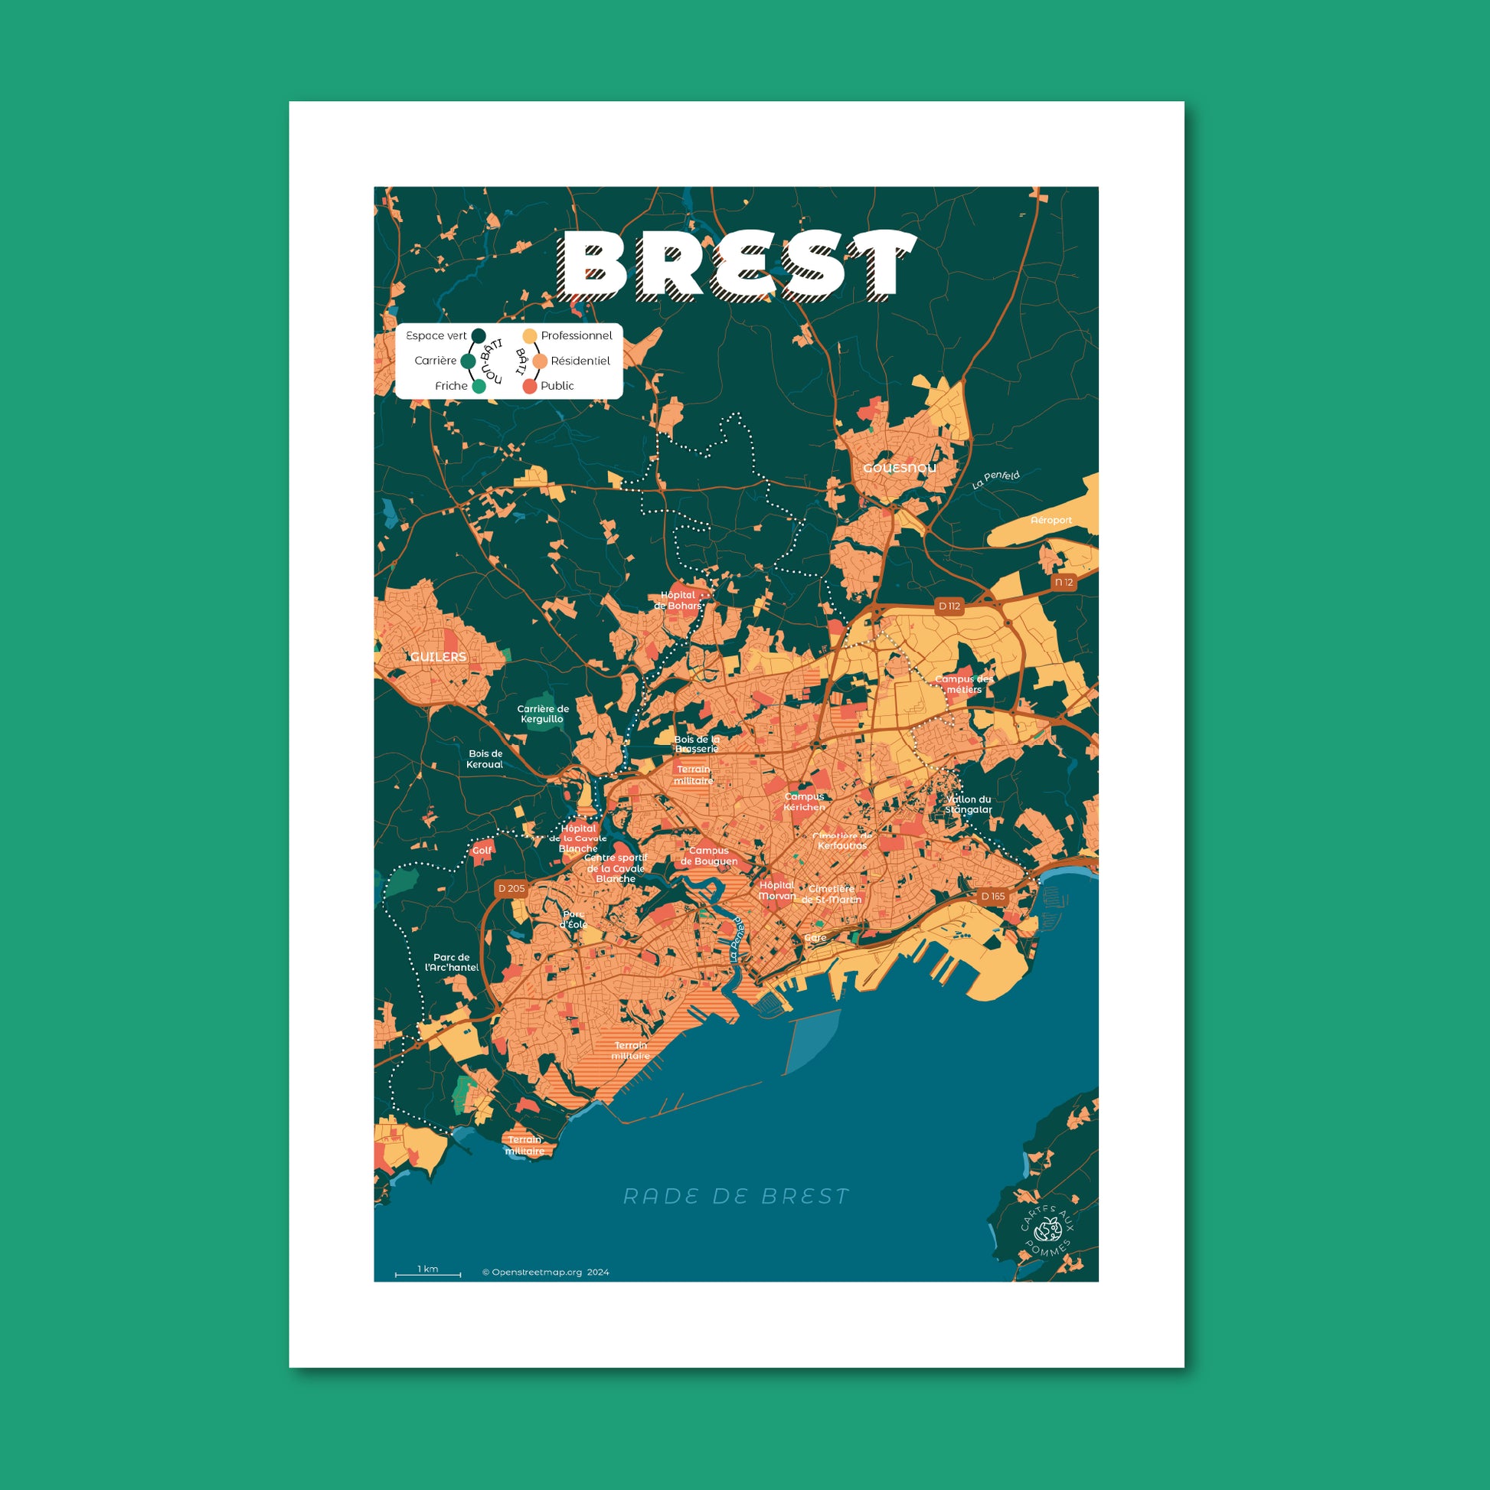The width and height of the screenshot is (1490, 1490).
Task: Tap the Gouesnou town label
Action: click(x=899, y=468)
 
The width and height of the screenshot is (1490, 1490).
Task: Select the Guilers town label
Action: click(x=438, y=656)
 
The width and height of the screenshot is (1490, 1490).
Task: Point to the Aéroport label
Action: click(x=1051, y=521)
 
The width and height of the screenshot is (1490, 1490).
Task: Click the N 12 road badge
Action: click(x=1064, y=582)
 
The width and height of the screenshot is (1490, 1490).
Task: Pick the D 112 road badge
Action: click(x=949, y=606)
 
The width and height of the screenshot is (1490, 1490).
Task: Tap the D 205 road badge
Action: click(x=511, y=888)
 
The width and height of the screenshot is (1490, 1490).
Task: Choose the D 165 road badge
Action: click(x=992, y=896)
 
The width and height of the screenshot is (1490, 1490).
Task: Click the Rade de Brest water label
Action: click(x=736, y=1196)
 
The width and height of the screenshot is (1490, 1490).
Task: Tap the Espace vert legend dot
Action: click(x=478, y=335)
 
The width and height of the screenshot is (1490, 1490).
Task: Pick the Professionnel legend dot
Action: click(x=529, y=335)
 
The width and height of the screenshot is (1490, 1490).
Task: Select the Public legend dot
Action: click(x=529, y=387)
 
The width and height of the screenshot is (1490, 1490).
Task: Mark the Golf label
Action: click(x=482, y=851)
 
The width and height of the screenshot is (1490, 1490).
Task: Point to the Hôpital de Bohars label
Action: click(x=678, y=601)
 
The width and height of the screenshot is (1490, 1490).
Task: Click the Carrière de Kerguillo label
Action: click(x=542, y=714)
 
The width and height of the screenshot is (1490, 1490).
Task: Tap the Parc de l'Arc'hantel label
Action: click(x=452, y=962)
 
